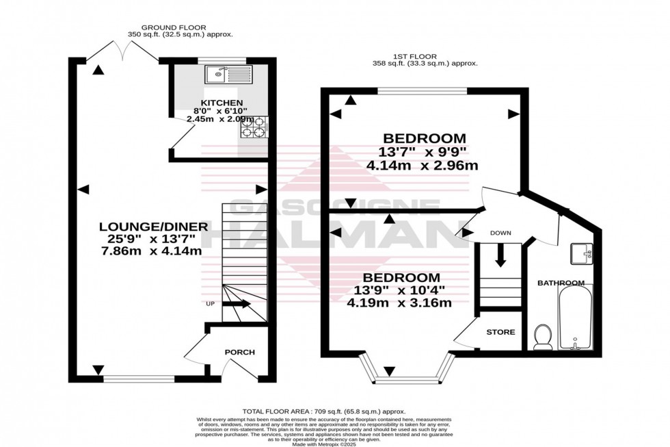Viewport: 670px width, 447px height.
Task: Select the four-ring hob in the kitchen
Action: [x=254, y=128]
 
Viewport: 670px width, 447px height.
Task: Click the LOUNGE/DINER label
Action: [x=147, y=227]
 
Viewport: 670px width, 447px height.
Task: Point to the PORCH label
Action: [x=239, y=353]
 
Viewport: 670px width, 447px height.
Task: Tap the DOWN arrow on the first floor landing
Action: [x=500, y=255]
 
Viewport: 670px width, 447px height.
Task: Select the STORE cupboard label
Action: [x=500, y=332]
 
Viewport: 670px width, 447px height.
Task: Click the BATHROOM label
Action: [x=560, y=283]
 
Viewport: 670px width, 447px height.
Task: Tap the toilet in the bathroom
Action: [x=544, y=336]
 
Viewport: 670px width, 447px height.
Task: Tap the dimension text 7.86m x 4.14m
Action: [x=148, y=251]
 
